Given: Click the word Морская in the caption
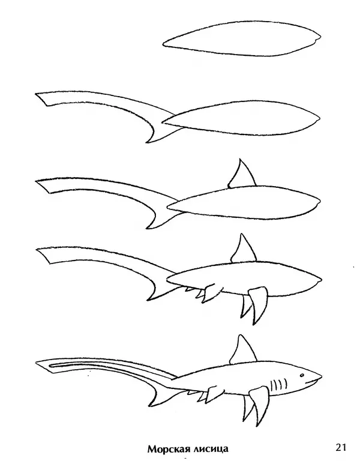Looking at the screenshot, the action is point(167,449).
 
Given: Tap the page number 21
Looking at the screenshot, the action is point(341,447).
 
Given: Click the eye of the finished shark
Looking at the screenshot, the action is point(302,375).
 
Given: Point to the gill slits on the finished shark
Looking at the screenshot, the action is point(279,385).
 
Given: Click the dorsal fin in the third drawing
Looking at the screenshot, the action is point(241,174).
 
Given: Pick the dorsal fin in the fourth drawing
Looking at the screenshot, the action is point(242,250).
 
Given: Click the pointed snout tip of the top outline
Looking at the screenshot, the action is point(320,38).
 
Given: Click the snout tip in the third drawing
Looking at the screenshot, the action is point(320,202).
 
